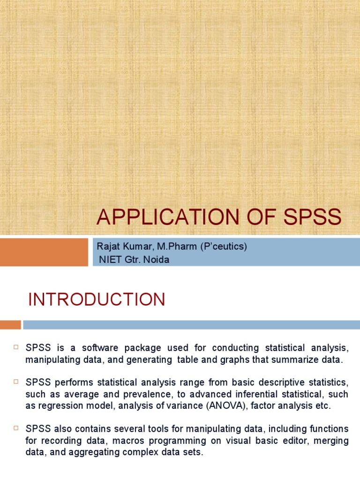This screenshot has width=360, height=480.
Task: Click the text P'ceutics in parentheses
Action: tap(220, 247)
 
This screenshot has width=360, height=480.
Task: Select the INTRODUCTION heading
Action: tap(97, 300)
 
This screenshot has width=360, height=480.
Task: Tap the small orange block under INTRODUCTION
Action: tap(10, 324)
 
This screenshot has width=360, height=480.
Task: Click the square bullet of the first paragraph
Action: tap(15, 347)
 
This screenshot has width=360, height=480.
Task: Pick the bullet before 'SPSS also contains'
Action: tap(15, 428)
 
